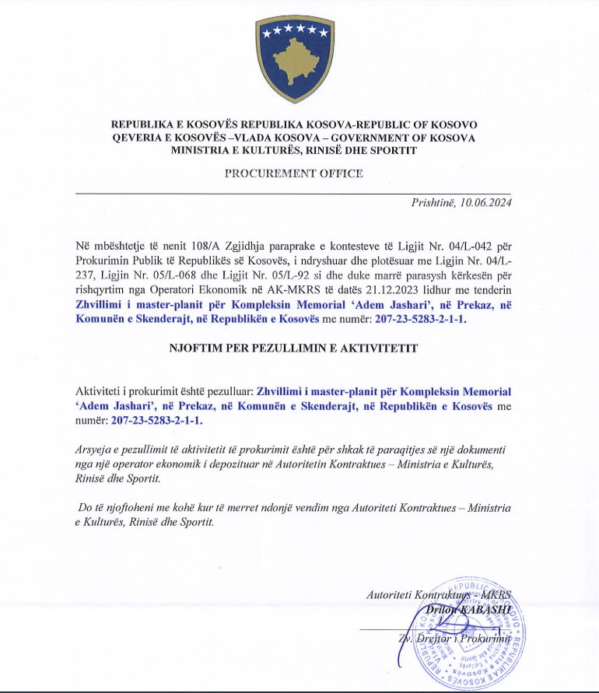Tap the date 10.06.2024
coord(486,203)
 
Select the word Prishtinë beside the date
coord(434,203)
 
